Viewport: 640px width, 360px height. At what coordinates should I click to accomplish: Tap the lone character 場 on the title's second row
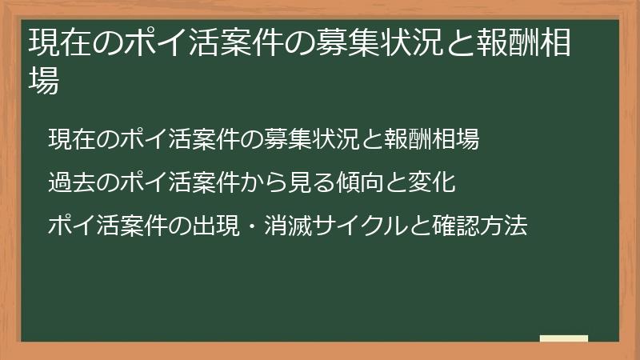[x=44, y=80]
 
